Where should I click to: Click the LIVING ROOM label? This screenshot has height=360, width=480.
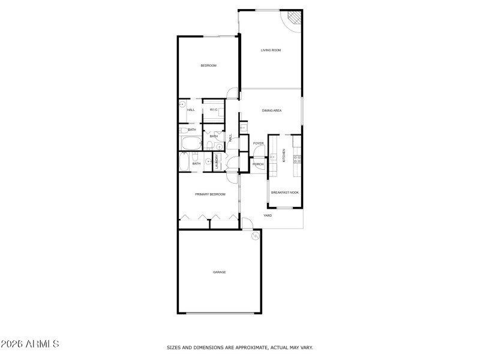coord(271,50)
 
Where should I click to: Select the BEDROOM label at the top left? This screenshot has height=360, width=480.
coord(208,65)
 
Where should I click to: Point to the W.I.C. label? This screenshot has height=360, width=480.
coord(214,110)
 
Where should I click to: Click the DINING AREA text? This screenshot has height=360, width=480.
coord(272,110)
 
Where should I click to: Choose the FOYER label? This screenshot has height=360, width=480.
coord(258,143)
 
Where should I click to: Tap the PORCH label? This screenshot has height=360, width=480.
coord(258,164)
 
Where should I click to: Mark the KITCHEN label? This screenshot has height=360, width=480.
coord(284,155)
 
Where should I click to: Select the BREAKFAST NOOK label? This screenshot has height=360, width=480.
coord(285,193)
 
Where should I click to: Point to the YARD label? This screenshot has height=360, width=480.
coord(268,215)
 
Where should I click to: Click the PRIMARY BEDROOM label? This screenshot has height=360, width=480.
coord(210,194)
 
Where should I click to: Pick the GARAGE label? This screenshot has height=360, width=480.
coord(220,272)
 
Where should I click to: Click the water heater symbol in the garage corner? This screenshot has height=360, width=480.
coord(256,235)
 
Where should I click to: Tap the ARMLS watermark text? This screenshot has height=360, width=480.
coord(30,344)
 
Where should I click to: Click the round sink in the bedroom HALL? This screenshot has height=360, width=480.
coord(182,104)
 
